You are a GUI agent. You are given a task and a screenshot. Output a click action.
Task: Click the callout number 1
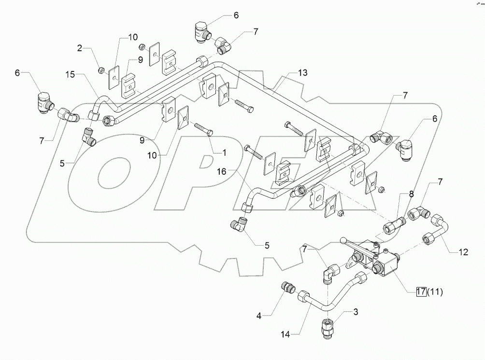[224, 152]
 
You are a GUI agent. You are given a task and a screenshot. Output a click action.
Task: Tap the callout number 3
[356, 313]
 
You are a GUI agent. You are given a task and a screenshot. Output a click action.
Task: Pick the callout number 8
[411, 194]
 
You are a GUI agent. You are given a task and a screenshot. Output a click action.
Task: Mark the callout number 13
[302, 73]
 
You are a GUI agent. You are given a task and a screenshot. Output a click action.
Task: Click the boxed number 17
[421, 291]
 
